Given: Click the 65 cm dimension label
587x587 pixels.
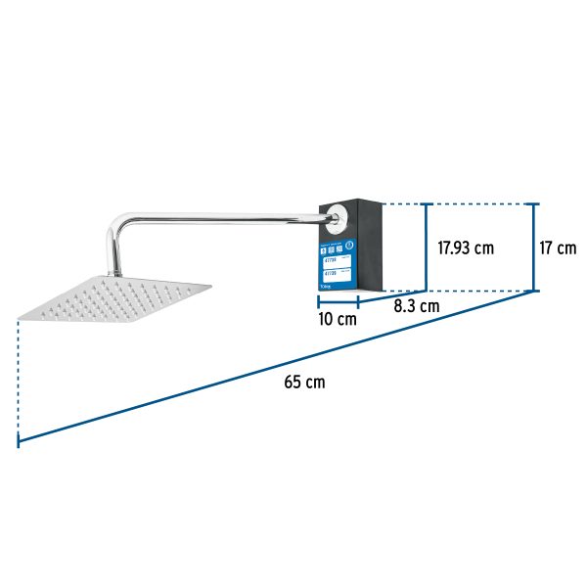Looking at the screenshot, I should [x=304, y=382].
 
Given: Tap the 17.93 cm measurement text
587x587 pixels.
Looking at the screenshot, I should [x=466, y=248].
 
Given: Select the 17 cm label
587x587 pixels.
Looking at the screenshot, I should [x=559, y=248].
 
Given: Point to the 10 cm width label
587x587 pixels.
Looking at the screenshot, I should [x=338, y=320].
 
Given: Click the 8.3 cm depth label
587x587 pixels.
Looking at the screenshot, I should [x=416, y=306].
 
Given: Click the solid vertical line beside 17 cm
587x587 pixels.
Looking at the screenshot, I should [x=534, y=248].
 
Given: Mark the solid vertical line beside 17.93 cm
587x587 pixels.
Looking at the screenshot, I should [x=426, y=248].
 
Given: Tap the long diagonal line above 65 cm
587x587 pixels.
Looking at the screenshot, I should [x=274, y=367].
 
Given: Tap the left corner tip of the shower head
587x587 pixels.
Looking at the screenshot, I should [x=21, y=315].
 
